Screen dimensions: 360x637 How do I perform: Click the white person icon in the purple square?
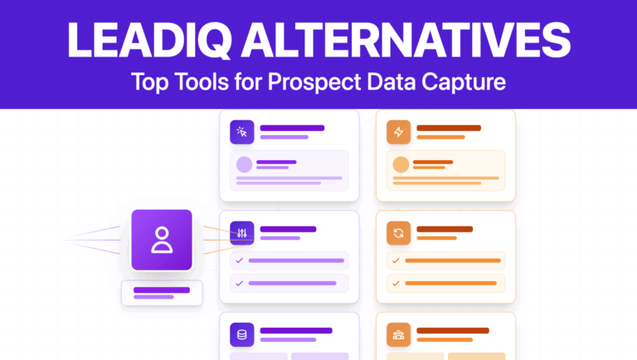click(x=162, y=239)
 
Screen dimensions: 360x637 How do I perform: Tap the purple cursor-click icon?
click(x=242, y=131)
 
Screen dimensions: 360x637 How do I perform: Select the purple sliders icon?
click(x=242, y=233)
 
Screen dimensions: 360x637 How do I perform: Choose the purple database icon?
click(x=242, y=335)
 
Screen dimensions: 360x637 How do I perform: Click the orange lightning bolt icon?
click(x=399, y=131)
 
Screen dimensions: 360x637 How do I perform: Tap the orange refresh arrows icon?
click(x=399, y=233)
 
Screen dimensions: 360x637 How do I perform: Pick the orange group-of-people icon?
click(x=399, y=335)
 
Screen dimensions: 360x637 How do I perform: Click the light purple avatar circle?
click(x=245, y=164)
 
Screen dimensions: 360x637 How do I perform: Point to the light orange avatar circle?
click(x=401, y=164)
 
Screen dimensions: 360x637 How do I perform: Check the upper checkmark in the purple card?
click(x=240, y=260)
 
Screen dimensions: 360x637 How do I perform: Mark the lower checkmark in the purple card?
click(x=240, y=283)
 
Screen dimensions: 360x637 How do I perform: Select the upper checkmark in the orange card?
click(x=396, y=260)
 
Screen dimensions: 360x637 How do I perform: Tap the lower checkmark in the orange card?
click(x=396, y=283)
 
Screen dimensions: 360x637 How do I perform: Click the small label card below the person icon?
click(x=162, y=293)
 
